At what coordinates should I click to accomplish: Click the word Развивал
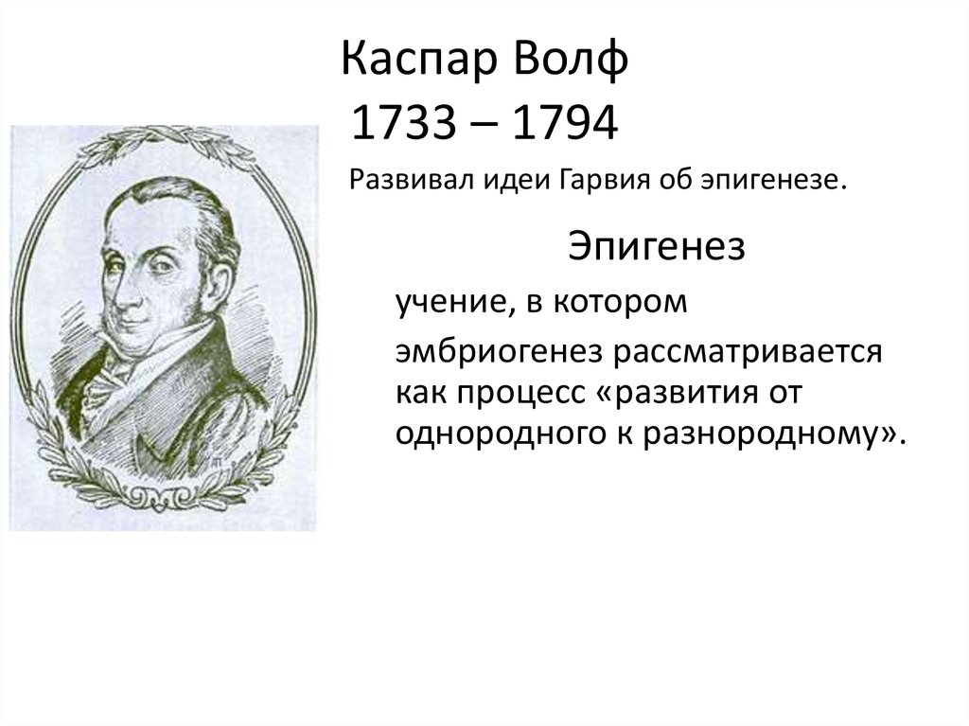(x=398, y=180)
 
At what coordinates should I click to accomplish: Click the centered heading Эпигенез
(x=657, y=247)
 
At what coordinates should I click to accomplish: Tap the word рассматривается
(x=746, y=352)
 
